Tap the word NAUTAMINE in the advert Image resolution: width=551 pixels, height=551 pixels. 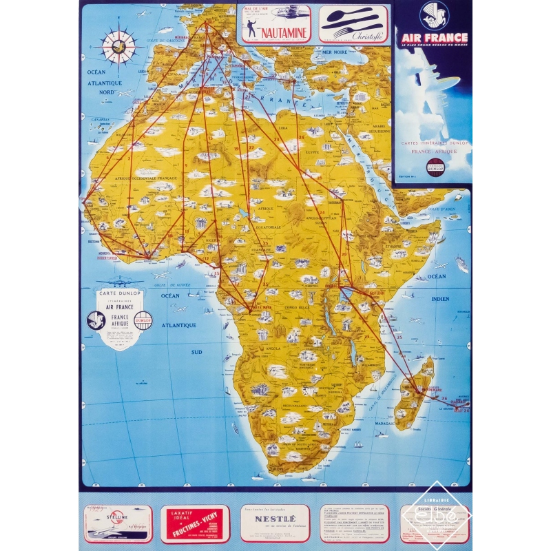point(279,32)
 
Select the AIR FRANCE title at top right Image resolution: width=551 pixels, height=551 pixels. point(433,37)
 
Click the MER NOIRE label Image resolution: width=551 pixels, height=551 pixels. point(335,52)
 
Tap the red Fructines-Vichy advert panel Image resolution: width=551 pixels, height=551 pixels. point(195,523)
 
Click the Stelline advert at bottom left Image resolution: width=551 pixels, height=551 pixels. point(118,523)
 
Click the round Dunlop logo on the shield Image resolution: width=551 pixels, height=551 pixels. point(143,320)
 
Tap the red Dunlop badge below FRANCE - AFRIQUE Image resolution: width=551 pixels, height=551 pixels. point(434,165)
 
